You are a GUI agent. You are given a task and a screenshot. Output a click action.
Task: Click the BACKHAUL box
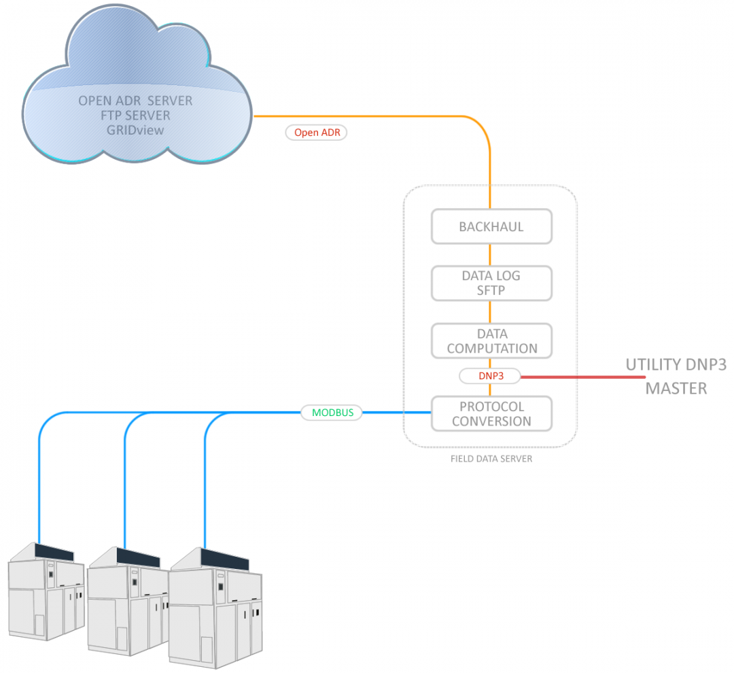(491, 227)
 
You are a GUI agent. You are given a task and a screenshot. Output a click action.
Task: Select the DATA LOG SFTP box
(491, 283)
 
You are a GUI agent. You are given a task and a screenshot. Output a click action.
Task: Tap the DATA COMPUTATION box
(491, 341)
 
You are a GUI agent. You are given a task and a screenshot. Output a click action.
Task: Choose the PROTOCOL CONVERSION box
(491, 413)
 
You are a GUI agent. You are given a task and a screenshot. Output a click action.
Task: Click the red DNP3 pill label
(489, 375)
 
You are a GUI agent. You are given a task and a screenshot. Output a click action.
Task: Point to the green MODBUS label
(332, 412)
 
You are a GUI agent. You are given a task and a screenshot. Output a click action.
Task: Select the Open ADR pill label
(317, 133)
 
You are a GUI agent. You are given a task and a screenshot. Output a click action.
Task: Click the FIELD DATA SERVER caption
(491, 459)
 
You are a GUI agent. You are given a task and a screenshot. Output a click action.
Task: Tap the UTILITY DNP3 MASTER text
(676, 376)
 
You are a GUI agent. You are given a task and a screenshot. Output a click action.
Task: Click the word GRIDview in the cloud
(135, 130)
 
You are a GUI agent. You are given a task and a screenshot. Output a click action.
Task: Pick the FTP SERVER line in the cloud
(135, 116)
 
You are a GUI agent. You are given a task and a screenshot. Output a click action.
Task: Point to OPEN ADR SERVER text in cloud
(135, 101)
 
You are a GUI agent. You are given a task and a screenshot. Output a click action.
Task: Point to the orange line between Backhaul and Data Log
(491, 255)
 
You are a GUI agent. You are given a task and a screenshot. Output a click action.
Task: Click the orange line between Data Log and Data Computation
(491, 312)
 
